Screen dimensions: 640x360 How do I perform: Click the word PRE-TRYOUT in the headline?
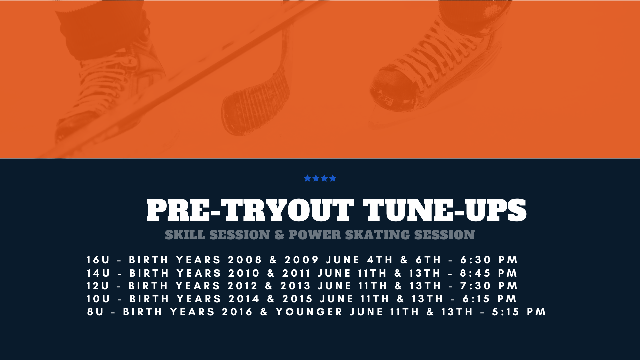coord(250,210)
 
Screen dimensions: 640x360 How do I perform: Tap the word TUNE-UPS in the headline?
coord(445,210)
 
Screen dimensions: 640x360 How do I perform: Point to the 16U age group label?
coord(98,260)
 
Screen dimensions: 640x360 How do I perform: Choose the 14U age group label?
coord(98,273)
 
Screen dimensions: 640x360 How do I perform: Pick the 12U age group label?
coord(98,286)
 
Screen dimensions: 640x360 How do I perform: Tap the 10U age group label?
coord(98,299)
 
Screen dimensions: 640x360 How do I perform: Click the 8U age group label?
coord(96,312)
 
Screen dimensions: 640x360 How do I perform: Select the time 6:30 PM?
coord(489,260)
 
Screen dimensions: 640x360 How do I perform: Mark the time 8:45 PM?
coord(489,273)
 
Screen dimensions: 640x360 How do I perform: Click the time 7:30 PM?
coord(489,286)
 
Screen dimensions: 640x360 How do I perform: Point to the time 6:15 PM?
coord(490,299)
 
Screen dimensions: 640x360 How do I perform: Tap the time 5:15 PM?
coord(519,312)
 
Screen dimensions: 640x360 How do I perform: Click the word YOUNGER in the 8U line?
coord(309,312)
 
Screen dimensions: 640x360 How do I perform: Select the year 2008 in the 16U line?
coord(245,260)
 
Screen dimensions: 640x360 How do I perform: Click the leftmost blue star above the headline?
coord(307,178)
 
